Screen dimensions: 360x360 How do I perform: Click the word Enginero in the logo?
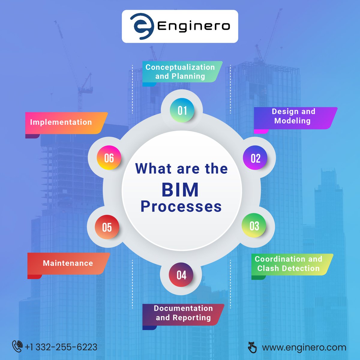click(194, 26)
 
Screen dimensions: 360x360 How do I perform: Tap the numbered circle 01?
click(182, 110)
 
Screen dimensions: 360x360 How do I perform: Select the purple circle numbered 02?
click(255, 158)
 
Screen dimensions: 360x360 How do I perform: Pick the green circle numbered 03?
click(254, 226)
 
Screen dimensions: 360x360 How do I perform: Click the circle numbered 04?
click(181, 275)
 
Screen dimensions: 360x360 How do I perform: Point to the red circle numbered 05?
click(107, 227)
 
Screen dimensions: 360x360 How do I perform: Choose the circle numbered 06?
click(109, 158)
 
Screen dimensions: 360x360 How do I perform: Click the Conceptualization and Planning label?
click(180, 72)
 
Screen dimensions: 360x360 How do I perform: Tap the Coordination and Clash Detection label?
click(289, 264)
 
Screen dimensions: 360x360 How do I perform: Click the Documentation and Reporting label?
click(183, 313)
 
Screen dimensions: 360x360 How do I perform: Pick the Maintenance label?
click(68, 263)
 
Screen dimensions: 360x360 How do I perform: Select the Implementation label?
click(61, 122)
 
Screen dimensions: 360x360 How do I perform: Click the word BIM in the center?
click(180, 190)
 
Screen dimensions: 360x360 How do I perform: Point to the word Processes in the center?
click(181, 207)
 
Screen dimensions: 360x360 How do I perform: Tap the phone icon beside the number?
click(17, 346)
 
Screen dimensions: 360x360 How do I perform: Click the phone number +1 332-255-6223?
click(61, 347)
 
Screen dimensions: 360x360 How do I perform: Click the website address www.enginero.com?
click(304, 347)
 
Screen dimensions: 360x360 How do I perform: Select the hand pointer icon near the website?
click(252, 347)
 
